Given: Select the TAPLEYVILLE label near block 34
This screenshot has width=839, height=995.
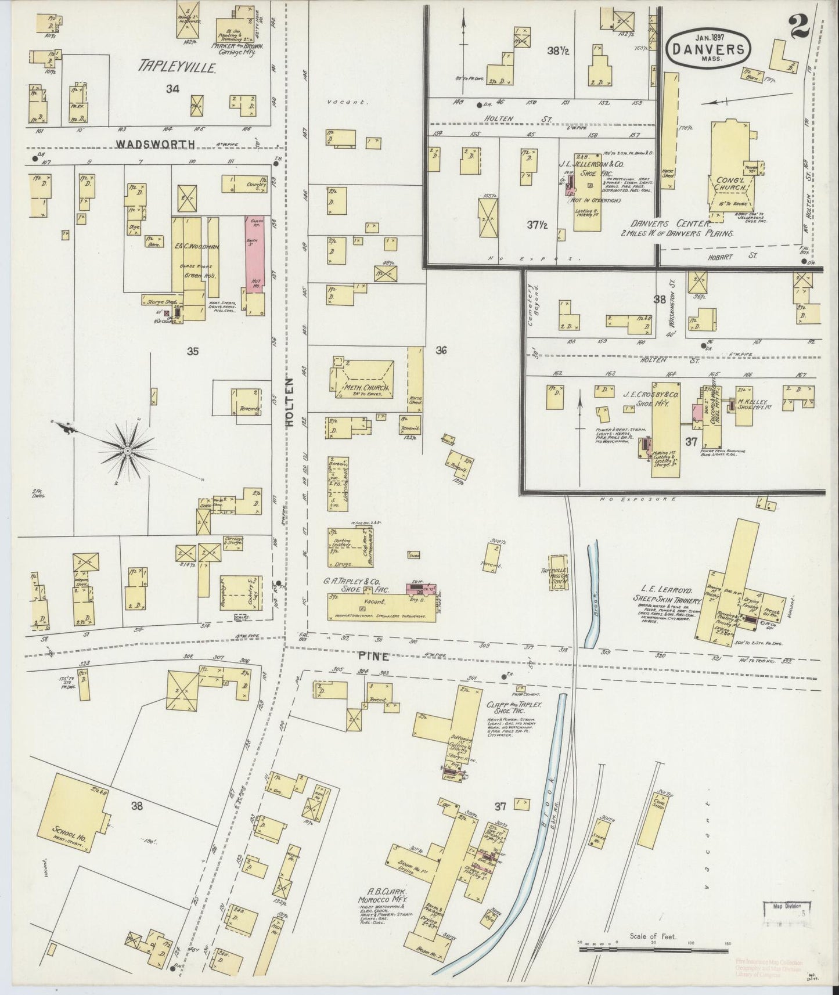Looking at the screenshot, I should click(177, 67).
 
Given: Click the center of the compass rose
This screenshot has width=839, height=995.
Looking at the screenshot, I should click(127, 450).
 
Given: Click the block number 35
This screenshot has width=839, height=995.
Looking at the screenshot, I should click(193, 351).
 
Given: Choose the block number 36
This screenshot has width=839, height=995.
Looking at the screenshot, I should click(441, 350).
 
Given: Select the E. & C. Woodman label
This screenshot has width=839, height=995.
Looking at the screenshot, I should click(198, 247).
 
